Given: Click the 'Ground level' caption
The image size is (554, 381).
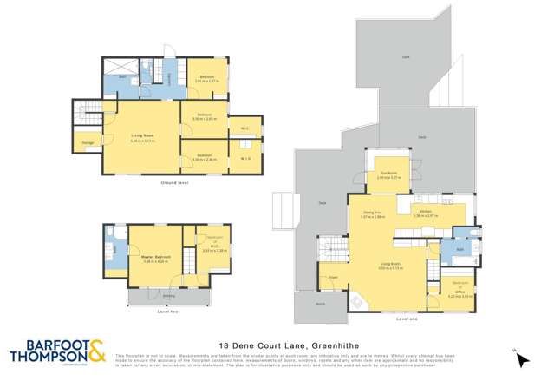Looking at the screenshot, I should [x=174, y=183].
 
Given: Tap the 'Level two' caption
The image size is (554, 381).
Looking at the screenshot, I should [x=169, y=312].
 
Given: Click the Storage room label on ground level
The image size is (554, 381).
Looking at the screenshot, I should [x=88, y=142].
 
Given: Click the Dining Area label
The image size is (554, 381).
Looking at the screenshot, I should [x=372, y=212].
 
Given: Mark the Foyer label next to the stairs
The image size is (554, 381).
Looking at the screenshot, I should [x=333, y=278].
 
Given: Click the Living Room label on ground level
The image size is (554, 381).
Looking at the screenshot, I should [x=142, y=137].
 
